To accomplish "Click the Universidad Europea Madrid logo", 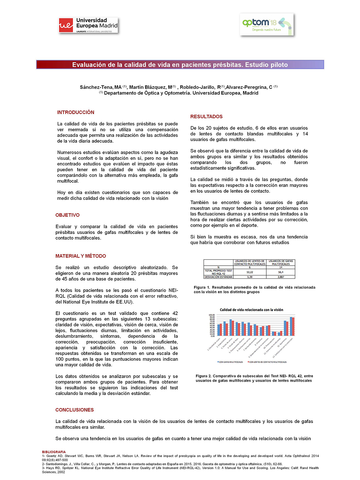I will pyautogui.click(x=88, y=25).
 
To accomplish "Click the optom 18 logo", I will pyautogui.click(x=267, y=25).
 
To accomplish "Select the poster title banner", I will pyautogui.click(x=180, y=65).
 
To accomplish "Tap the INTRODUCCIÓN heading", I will pyautogui.click(x=76, y=112).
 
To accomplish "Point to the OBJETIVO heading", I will pyautogui.click(x=68, y=215).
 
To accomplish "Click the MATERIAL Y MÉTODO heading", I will pyautogui.click(x=81, y=256).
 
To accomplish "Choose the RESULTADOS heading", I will pyautogui.click(x=206, y=117).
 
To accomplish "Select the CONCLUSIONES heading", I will pyautogui.click(x=75, y=410).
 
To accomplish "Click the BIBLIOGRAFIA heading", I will pyautogui.click(x=54, y=452).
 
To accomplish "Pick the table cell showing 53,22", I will pyautogui.click(x=250, y=272).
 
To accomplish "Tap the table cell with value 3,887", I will pyautogui.click(x=281, y=277).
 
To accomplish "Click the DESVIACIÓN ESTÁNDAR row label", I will pyautogui.click(x=218, y=277).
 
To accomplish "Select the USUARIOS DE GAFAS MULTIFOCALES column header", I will pyautogui.click(x=281, y=263).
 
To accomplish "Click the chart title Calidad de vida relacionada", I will pyautogui.click(x=251, y=310).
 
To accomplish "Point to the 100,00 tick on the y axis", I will pyautogui.click(x=212, y=315).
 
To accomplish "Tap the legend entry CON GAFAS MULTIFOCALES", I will pyautogui.click(x=231, y=362).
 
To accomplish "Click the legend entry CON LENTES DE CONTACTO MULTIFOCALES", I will pyautogui.click(x=268, y=362).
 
